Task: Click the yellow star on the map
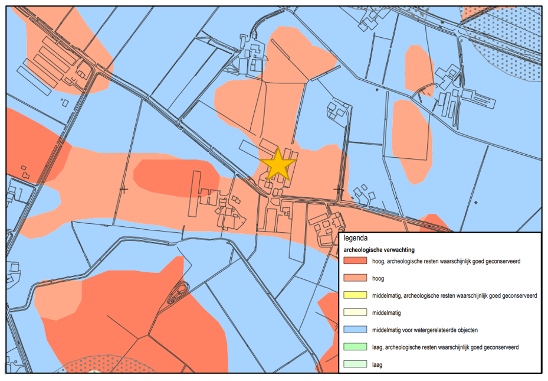pyautogui.click(x=277, y=164)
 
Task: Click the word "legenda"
pyautogui.click(x=356, y=239)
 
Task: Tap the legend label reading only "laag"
pyautogui.click(x=378, y=364)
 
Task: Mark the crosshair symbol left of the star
pyautogui.click(x=123, y=189)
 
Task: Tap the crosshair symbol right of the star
pyautogui.click(x=339, y=189)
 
